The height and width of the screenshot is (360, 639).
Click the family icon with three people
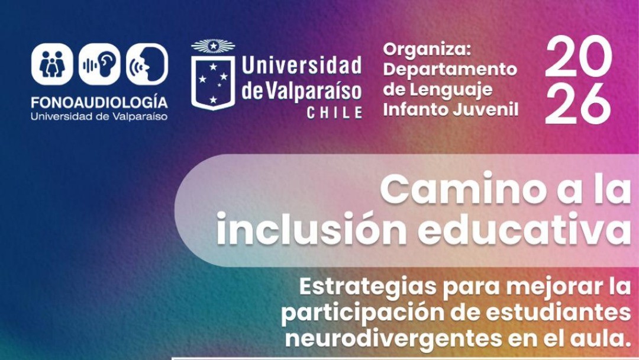pyautogui.click(x=52, y=64)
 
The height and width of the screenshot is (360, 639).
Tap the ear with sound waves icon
pyautogui.click(x=99, y=64)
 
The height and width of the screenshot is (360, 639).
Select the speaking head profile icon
pyautogui.click(x=147, y=64)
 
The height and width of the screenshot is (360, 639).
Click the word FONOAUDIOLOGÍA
pyautogui.click(x=99, y=102)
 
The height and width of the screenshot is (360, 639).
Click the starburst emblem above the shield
pyautogui.click(x=213, y=46)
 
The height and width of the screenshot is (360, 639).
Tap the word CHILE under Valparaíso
pyautogui.click(x=334, y=112)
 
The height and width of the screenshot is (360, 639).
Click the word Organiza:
pyautogui.click(x=427, y=50)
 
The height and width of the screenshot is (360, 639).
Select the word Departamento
pyautogui.click(x=450, y=69)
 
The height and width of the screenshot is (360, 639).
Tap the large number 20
pyautogui.click(x=579, y=56)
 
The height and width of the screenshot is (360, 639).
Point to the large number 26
pyautogui.click(x=578, y=103)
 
